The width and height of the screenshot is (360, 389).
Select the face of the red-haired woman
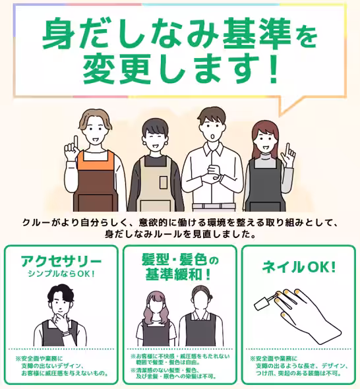click(264, 138)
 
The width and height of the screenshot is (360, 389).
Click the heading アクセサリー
click(61, 259)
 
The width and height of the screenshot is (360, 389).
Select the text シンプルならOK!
click(61, 273)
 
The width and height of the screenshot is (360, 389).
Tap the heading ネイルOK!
click(299, 268)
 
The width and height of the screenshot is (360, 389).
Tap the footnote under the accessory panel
click(61, 366)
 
